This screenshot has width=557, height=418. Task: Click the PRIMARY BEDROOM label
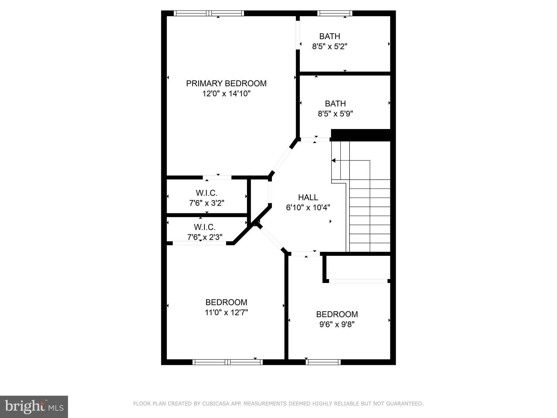pos(226,84)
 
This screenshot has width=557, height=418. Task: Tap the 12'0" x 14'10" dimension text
pos(226,94)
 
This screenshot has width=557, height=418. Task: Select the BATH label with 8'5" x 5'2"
pos(330,36)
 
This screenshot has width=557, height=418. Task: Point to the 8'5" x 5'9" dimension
pos(335,114)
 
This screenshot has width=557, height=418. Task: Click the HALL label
pos(308,197)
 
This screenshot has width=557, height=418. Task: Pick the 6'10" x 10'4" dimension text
pos(308,208)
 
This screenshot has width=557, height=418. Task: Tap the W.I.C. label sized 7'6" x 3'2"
pos(207,193)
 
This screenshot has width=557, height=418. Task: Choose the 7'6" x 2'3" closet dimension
pos(205,237)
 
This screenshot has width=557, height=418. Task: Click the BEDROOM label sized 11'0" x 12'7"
pos(226,302)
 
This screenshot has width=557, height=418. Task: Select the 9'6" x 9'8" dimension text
pos(337,325)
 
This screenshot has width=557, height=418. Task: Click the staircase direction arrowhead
pos(333,161)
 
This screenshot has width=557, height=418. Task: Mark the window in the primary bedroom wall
pos(209,13)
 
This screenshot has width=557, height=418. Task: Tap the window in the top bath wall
pos(335,13)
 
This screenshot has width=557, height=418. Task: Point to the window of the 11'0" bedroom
pos(228,362)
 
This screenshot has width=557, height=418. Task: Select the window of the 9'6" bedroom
pos(323,362)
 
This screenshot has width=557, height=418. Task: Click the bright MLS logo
pos(34,407)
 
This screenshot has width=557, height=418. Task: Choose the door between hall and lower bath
pos(315,139)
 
